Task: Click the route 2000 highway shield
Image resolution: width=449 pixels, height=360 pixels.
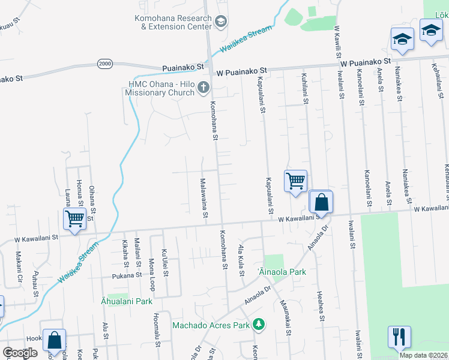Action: [104, 64]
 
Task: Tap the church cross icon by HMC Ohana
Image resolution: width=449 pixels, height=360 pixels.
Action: [203, 89]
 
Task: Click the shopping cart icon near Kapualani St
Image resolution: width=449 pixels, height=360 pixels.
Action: [295, 180]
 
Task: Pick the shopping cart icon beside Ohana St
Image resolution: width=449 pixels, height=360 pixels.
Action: [74, 218]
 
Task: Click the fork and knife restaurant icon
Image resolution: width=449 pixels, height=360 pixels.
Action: [399, 337]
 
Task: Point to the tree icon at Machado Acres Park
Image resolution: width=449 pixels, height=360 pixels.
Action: [259, 325]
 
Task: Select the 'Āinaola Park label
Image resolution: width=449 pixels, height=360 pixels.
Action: [282, 272]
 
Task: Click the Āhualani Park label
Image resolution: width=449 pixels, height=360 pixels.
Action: [127, 301]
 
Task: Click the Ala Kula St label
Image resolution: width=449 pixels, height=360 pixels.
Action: [242, 260]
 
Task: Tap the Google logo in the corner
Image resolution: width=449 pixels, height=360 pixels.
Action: [20, 353]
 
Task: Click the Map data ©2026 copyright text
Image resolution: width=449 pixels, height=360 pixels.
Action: [423, 355]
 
